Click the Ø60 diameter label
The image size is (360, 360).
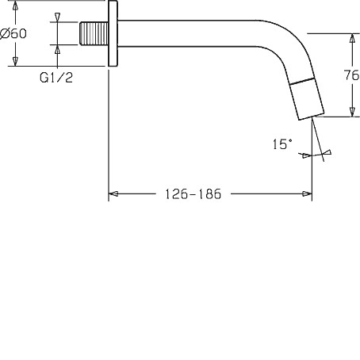[x=13, y=33]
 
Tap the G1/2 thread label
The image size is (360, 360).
[x=56, y=78]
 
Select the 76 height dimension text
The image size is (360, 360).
[x=351, y=75]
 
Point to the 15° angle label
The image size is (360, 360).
[x=282, y=144]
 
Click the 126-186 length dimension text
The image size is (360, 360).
[x=193, y=194]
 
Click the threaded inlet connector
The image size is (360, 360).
[x=94, y=33]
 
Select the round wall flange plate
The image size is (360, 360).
[x=113, y=33]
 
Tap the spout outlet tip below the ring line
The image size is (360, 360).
[x=308, y=101]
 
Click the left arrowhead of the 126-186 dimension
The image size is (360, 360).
[x=113, y=194]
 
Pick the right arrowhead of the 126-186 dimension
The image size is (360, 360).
[x=307, y=194]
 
